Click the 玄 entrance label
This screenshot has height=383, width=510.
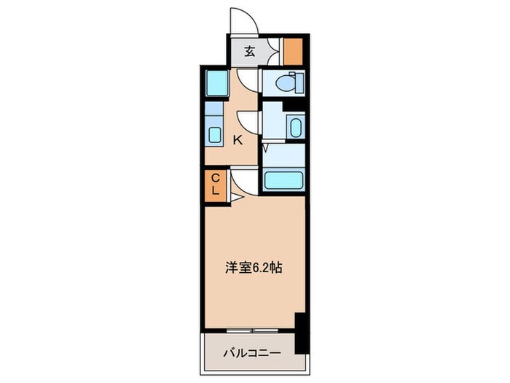point(250,52)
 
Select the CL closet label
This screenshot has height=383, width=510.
point(216,182)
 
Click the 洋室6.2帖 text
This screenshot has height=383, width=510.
point(254,268)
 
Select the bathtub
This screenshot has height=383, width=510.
point(283,180)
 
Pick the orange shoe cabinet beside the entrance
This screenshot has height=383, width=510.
point(293,50)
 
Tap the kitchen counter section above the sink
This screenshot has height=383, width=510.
point(214,111)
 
